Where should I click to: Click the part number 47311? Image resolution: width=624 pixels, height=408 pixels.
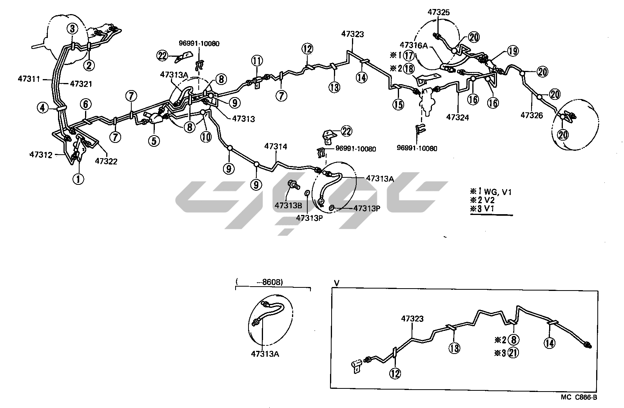[x=29, y=79]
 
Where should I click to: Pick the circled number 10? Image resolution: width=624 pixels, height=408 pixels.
[x=206, y=136]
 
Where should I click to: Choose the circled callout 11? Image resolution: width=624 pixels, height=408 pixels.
[x=257, y=61]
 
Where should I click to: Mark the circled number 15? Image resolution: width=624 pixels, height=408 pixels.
[x=398, y=105]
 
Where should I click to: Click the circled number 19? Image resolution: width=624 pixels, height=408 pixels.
[x=512, y=51]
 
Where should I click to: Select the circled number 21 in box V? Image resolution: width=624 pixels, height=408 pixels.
[x=513, y=352]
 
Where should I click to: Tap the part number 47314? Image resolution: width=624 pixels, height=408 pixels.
[x=276, y=146]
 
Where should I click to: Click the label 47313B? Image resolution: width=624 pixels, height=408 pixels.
[x=288, y=205]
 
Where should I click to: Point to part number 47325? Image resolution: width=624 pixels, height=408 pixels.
[x=439, y=12]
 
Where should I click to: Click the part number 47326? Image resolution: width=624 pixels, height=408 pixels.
[x=531, y=115]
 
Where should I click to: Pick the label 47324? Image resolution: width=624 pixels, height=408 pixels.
[x=458, y=117]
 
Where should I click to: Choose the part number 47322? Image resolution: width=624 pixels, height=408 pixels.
[x=106, y=161]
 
